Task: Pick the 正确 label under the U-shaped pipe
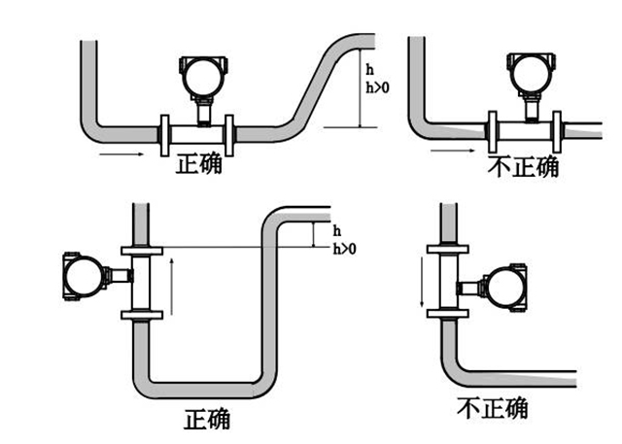click(x=208, y=419)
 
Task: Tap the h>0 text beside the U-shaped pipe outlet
click(x=344, y=249)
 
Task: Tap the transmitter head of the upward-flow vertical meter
click(x=84, y=276)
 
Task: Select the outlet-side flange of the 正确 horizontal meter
click(x=229, y=133)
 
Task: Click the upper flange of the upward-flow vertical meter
click(x=141, y=251)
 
